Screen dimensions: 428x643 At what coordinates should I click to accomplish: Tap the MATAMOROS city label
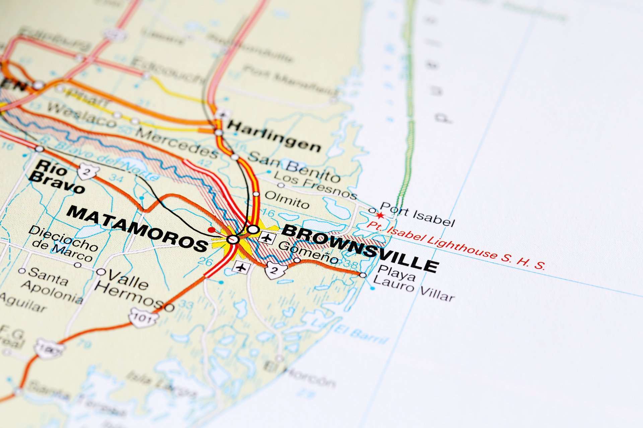coord(137,228)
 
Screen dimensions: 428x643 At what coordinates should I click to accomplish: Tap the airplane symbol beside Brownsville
coord(267,238)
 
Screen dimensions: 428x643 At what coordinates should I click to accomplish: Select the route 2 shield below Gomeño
coord(276,270)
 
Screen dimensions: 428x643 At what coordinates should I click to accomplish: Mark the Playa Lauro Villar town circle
coord(363,275)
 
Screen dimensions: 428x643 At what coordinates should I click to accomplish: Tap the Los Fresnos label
coord(315,185)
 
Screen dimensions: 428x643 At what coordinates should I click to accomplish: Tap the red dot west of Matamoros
coord(211,230)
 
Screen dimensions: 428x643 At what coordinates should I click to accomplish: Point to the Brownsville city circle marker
coord(253,229)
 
